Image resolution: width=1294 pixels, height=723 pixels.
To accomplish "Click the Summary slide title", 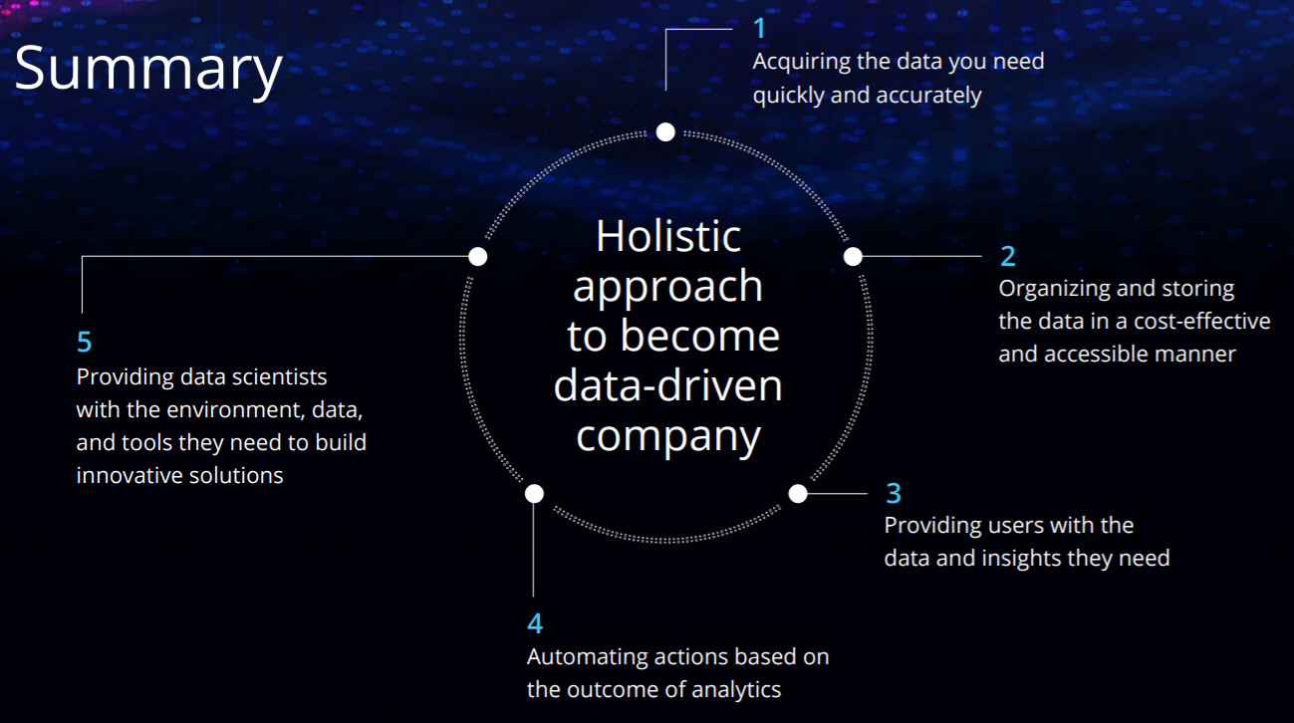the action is [148, 70].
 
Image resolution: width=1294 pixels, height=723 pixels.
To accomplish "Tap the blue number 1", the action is [760, 28].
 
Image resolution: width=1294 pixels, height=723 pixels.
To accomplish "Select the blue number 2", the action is [1007, 256].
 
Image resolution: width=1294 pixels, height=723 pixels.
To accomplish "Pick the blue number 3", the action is [894, 493].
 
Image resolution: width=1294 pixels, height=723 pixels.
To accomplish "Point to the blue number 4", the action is [535, 623].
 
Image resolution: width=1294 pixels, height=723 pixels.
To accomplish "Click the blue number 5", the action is [84, 342].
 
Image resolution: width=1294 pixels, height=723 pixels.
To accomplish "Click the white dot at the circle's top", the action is [665, 132].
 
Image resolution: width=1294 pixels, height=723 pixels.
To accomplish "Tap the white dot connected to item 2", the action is [853, 256].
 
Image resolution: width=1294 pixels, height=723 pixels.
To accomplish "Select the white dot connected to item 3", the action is [798, 494].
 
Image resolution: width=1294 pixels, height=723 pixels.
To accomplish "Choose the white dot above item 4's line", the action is [534, 494].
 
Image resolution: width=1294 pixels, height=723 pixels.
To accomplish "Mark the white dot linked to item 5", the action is [478, 256].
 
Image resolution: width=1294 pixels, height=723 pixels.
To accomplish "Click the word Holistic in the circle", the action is [668, 236].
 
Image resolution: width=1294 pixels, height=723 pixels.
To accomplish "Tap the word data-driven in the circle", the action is [667, 385].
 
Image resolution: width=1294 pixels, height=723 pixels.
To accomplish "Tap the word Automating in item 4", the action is [588, 657].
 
